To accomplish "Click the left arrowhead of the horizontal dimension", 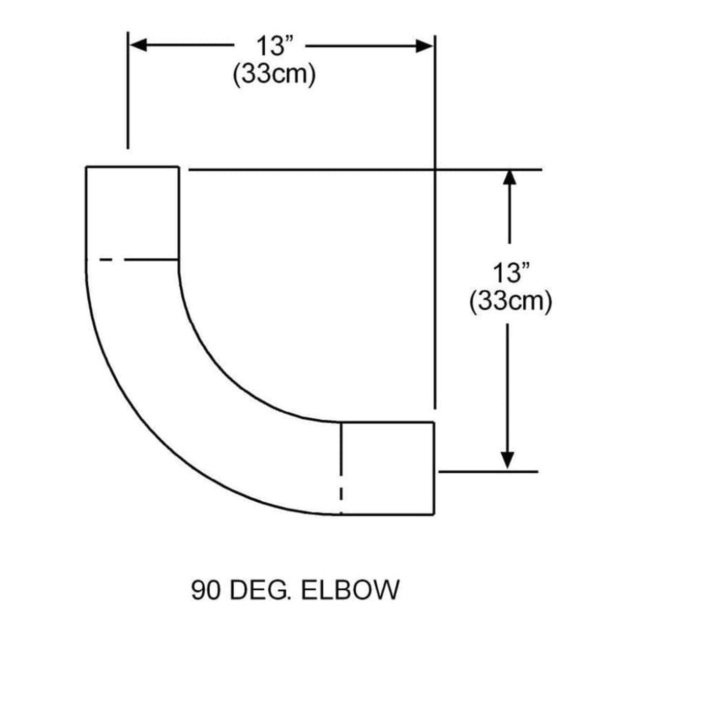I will (x=138, y=45).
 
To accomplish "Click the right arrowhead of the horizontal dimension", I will (x=424, y=46).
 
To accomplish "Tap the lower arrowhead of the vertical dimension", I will (x=508, y=460).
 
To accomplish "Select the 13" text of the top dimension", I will (x=274, y=46).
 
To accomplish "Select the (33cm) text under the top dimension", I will (x=274, y=75).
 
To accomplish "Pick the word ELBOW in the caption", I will (x=350, y=590).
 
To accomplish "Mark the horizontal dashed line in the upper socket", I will (x=137, y=259).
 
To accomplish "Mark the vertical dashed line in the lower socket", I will (x=341, y=469).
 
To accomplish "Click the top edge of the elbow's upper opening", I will (x=132, y=167).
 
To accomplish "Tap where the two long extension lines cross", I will (x=435, y=170).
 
